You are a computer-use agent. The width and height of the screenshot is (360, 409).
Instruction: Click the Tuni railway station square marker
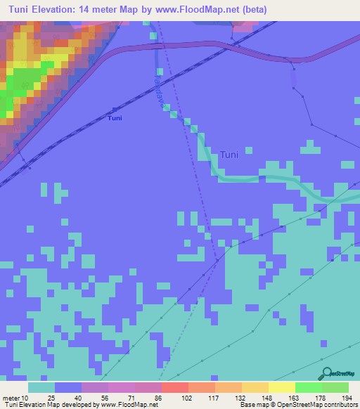pyautogui.click(x=114, y=110)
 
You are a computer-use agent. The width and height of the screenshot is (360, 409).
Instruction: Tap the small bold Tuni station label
pyautogui.click(x=114, y=118)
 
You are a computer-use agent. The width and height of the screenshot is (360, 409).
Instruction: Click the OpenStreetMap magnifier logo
pyautogui.click(x=326, y=373)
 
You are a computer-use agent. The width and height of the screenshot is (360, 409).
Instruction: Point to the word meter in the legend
pyautogui.click(x=11, y=398)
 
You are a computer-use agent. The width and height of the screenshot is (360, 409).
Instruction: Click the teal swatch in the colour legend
pyautogui.click(x=41, y=387)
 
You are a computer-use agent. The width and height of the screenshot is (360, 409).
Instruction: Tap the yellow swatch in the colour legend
pyautogui.click(x=282, y=387)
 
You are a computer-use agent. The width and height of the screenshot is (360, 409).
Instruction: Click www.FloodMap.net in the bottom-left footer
pyautogui.click(x=129, y=405)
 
